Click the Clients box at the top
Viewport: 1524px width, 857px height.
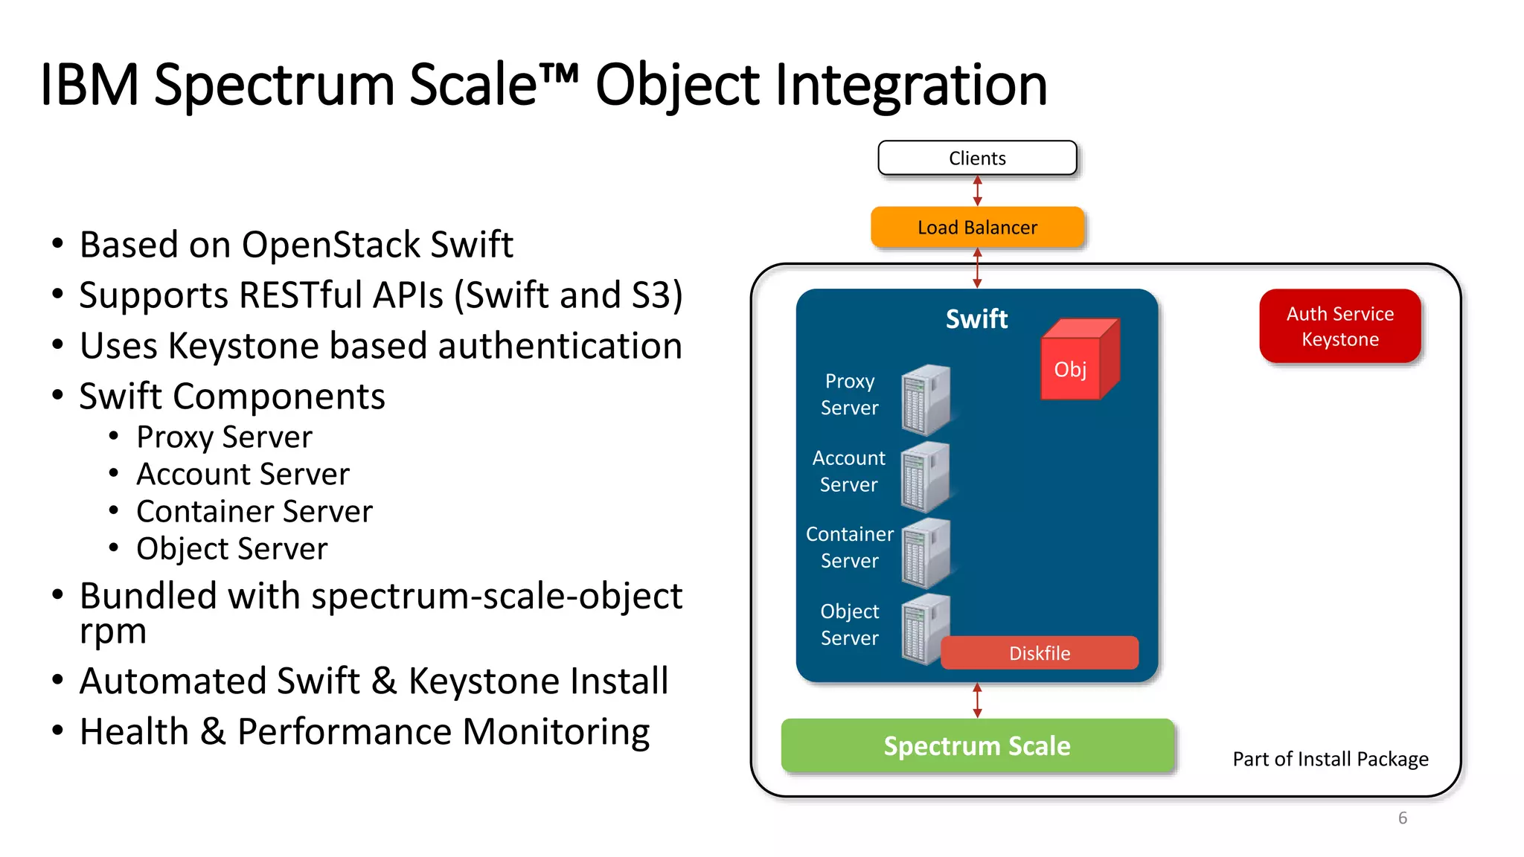click(x=977, y=158)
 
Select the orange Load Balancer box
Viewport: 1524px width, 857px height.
click(x=977, y=227)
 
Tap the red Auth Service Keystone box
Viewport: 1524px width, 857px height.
click(x=1339, y=326)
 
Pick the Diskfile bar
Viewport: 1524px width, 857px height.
click(x=1039, y=653)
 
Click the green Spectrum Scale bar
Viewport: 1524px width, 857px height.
click(x=977, y=745)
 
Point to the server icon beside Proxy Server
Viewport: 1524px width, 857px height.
click(x=925, y=399)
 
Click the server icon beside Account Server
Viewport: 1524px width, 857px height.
click(x=925, y=477)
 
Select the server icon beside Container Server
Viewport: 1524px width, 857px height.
click(x=925, y=553)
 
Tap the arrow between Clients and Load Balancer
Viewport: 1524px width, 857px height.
click(x=977, y=191)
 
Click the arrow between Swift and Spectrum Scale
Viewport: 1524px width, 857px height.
click(x=977, y=701)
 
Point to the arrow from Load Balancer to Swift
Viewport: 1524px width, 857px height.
click(x=977, y=268)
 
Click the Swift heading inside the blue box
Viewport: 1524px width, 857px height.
click(x=976, y=319)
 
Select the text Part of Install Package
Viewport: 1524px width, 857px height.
click(x=1330, y=759)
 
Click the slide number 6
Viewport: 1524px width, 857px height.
click(x=1402, y=818)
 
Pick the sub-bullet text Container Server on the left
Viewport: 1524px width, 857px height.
click(x=254, y=512)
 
